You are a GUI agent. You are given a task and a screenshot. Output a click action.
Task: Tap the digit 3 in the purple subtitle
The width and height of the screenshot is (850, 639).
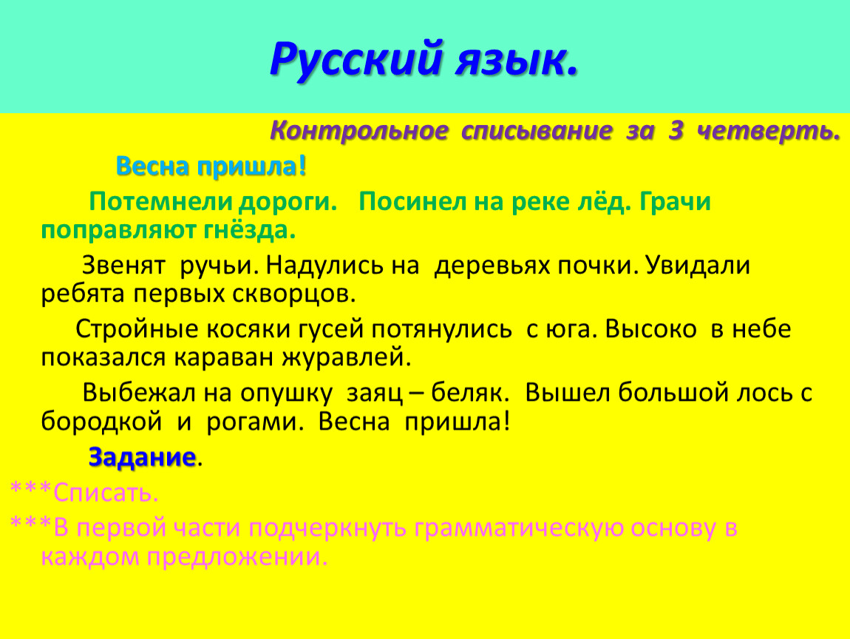pos(676,131)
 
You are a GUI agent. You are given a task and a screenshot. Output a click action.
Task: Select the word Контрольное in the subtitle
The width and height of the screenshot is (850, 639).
pos(359,131)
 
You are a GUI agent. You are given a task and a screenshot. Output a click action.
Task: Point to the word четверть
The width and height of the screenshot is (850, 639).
pos(768,131)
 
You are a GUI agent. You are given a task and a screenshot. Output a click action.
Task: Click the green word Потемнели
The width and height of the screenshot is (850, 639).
pos(161,202)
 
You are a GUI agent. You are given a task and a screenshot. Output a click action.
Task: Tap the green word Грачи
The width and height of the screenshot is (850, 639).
pos(675,203)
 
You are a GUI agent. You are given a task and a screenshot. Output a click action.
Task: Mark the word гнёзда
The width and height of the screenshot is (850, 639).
pos(250,231)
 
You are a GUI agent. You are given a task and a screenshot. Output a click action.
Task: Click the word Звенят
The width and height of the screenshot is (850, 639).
pos(123,266)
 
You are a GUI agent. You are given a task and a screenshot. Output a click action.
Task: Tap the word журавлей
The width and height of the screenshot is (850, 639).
pos(347,358)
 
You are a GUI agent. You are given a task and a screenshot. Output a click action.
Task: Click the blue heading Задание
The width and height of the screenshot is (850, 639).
pos(142,457)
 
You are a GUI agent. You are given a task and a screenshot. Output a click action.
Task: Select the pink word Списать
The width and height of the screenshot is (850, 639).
pos(105,493)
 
